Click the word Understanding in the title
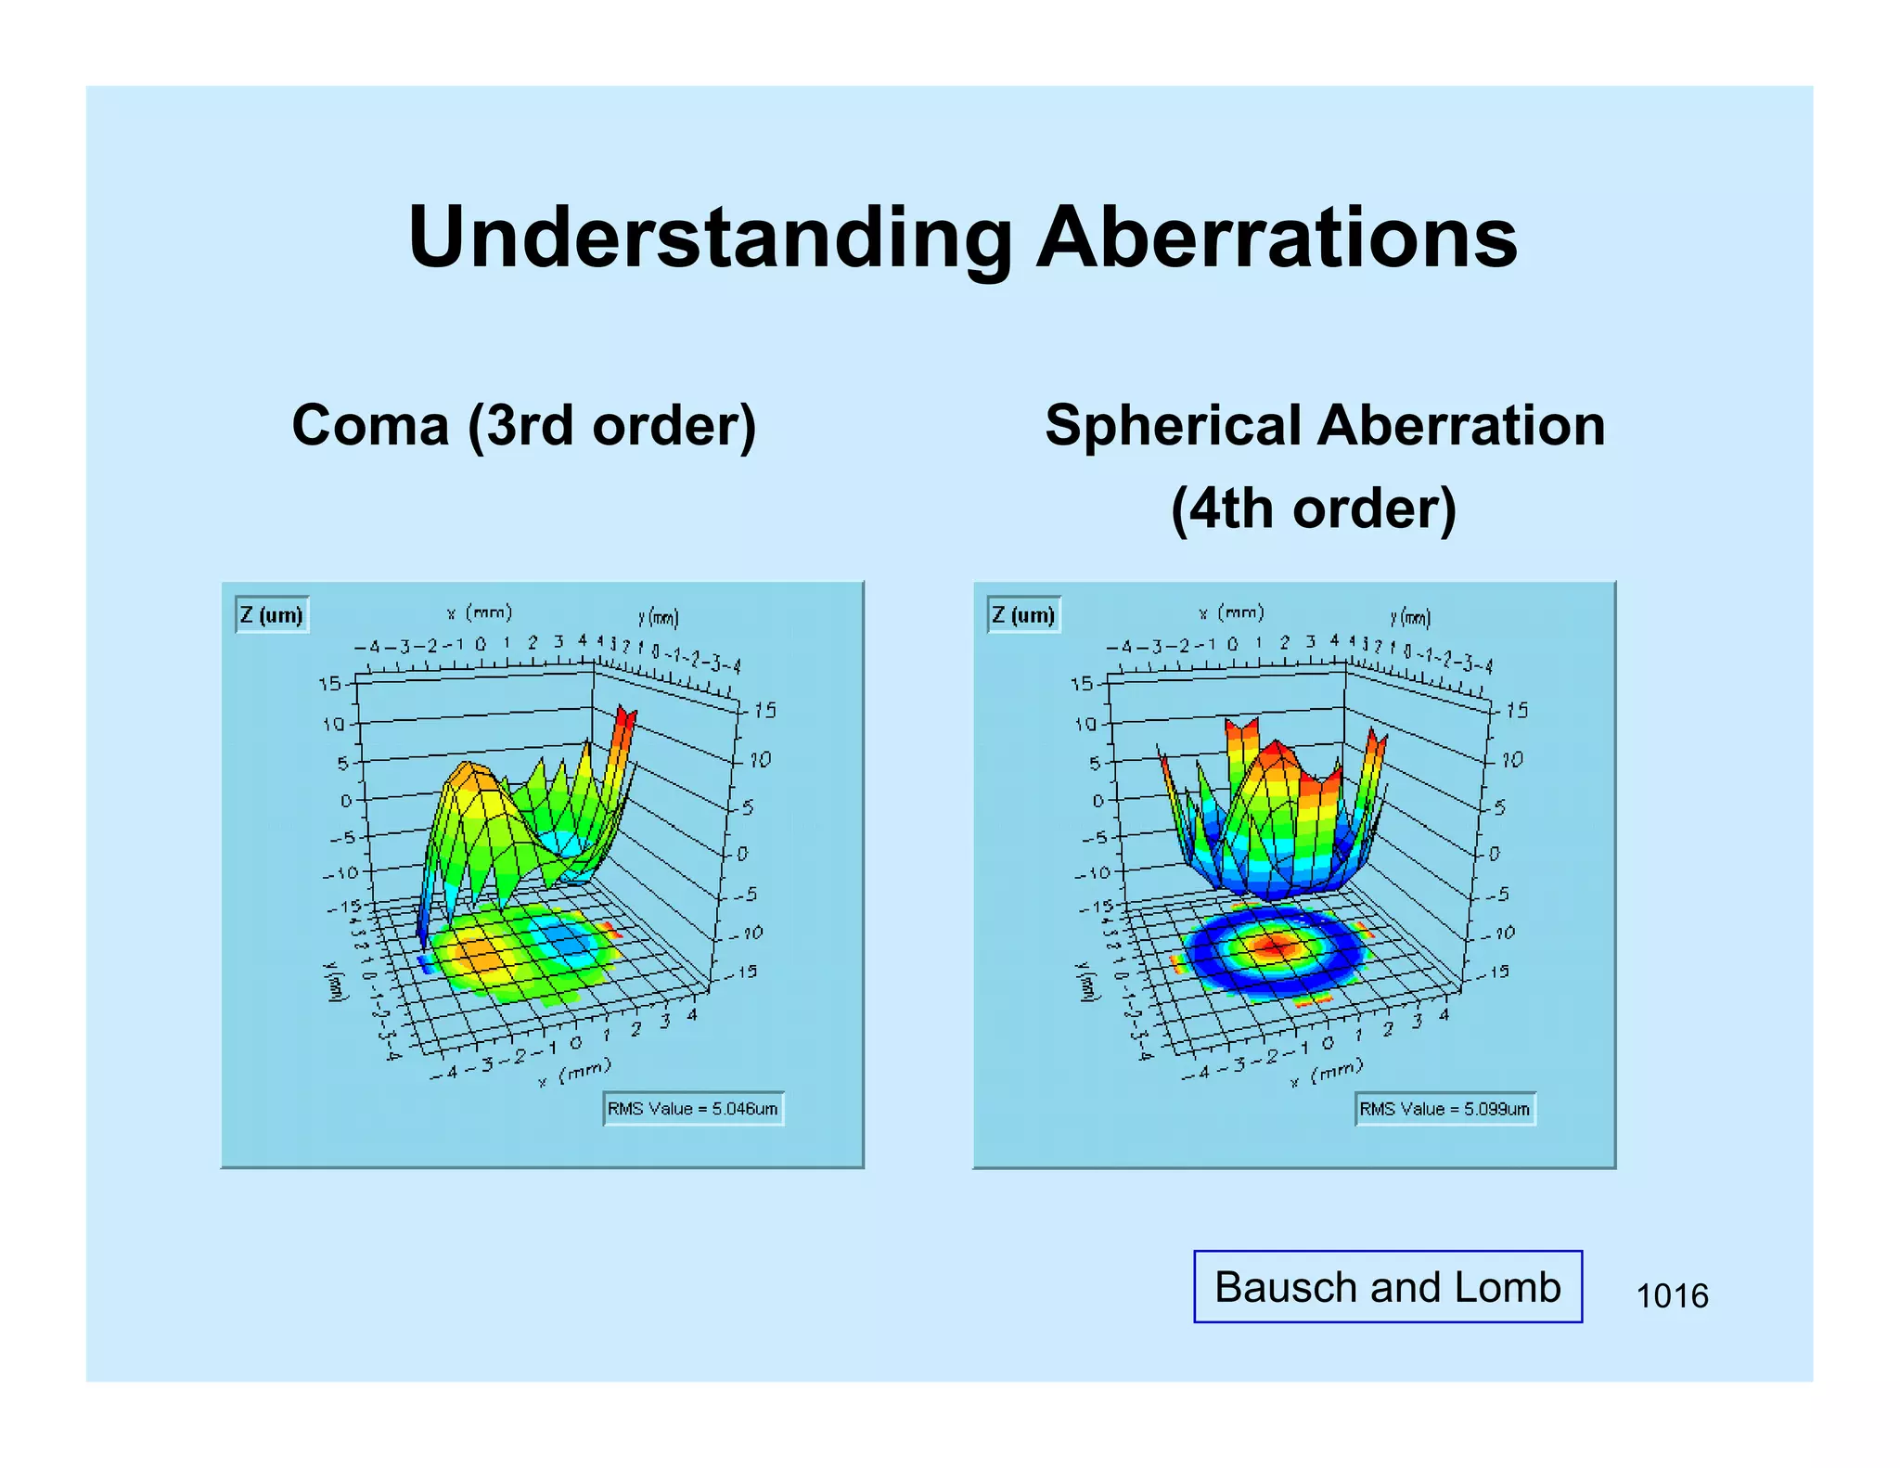click(x=710, y=239)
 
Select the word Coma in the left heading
click(x=370, y=426)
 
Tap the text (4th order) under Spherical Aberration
click(x=1313, y=509)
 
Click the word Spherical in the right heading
click(x=1174, y=426)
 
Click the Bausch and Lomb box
click(x=1387, y=1287)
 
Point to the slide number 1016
click(x=1671, y=1295)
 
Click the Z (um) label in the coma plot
click(x=271, y=615)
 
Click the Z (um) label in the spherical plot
click(x=1023, y=615)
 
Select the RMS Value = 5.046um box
click(x=693, y=1109)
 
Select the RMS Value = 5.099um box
click(x=1444, y=1109)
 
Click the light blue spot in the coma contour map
click(x=564, y=940)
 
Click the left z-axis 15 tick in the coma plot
click(x=330, y=684)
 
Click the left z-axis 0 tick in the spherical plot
click(x=1098, y=800)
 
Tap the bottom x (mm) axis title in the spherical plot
click(x=1327, y=1072)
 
